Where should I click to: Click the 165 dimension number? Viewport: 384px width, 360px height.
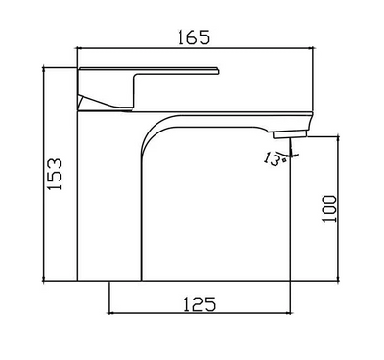194,38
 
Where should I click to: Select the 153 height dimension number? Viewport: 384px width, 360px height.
57,175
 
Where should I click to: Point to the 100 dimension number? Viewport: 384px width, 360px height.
330,207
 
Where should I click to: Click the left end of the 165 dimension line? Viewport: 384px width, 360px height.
77,50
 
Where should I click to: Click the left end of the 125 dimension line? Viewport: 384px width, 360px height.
111,314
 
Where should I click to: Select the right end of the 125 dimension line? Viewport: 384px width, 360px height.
289,314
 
